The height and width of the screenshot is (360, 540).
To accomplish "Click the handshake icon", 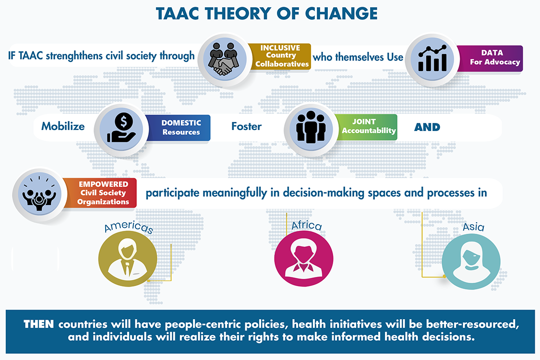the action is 225,59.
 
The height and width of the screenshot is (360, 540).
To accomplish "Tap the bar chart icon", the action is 432,59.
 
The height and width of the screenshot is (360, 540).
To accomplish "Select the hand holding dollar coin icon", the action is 121,128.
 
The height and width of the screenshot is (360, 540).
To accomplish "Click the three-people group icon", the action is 311,127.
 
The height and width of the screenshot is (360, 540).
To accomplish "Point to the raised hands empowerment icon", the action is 39,194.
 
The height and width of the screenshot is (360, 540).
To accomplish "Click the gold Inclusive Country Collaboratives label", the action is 280,56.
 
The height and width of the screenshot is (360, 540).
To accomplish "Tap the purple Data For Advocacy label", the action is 491,58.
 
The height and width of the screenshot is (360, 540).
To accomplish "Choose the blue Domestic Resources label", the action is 179,128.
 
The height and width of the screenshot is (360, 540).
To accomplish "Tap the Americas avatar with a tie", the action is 128,259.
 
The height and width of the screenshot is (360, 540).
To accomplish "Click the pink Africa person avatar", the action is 304,258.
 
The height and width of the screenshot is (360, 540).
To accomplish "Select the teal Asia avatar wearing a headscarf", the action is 471,262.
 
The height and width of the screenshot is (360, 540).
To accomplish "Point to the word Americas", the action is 129,227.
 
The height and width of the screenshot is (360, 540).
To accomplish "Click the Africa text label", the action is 307,225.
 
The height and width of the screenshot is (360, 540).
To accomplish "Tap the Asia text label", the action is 474,227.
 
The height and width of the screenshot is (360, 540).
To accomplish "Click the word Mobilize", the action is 63,126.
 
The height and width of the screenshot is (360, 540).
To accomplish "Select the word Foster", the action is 247,126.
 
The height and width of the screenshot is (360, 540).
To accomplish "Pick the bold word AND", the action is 427,127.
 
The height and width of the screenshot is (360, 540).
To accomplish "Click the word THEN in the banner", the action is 38,324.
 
